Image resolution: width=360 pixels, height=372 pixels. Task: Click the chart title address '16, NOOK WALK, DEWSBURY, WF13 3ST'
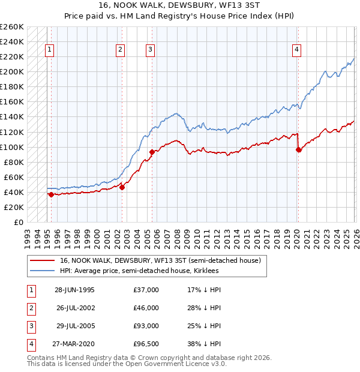[x=179, y=6]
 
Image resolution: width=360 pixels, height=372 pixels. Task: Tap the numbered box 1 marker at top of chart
[x=49, y=50]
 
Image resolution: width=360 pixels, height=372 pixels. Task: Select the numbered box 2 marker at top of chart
[x=121, y=50]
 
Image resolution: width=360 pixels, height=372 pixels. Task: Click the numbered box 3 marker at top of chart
[x=150, y=50]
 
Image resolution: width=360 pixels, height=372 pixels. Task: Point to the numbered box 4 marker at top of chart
[x=296, y=50]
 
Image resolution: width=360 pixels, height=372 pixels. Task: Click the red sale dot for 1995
[x=52, y=194]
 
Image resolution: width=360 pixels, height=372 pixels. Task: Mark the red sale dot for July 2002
[x=122, y=187]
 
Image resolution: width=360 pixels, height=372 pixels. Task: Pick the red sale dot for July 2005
[x=152, y=152]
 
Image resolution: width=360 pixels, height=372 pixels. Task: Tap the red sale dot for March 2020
[x=298, y=149]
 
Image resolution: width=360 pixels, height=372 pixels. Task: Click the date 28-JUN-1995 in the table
[x=74, y=290]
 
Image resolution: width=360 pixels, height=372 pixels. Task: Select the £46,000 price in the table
[x=146, y=308]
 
